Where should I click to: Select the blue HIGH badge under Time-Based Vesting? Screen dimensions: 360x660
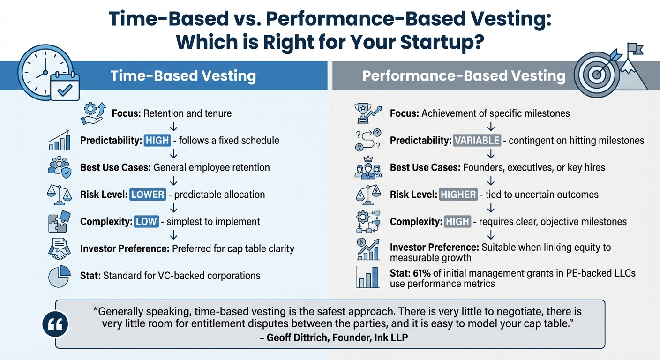pyautogui.click(x=157, y=140)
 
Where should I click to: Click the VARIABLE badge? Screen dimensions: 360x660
pyautogui.click(x=478, y=140)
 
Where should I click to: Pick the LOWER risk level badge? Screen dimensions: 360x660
pyautogui.click(x=148, y=194)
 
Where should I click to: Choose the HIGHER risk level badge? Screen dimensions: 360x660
pyautogui.click(x=458, y=194)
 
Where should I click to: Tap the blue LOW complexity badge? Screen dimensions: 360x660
pyautogui.click(x=146, y=221)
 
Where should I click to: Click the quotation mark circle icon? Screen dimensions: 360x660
pyautogui.click(x=55, y=324)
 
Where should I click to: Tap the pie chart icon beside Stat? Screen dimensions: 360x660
pyautogui.click(x=60, y=276)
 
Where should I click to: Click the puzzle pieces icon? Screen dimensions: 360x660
pyautogui.click(x=60, y=221)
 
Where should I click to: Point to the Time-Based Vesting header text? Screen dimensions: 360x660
pyautogui.click(x=183, y=76)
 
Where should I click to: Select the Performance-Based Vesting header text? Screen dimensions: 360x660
pyautogui.click(x=464, y=76)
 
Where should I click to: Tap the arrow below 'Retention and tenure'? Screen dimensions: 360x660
pyautogui.click(x=174, y=127)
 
